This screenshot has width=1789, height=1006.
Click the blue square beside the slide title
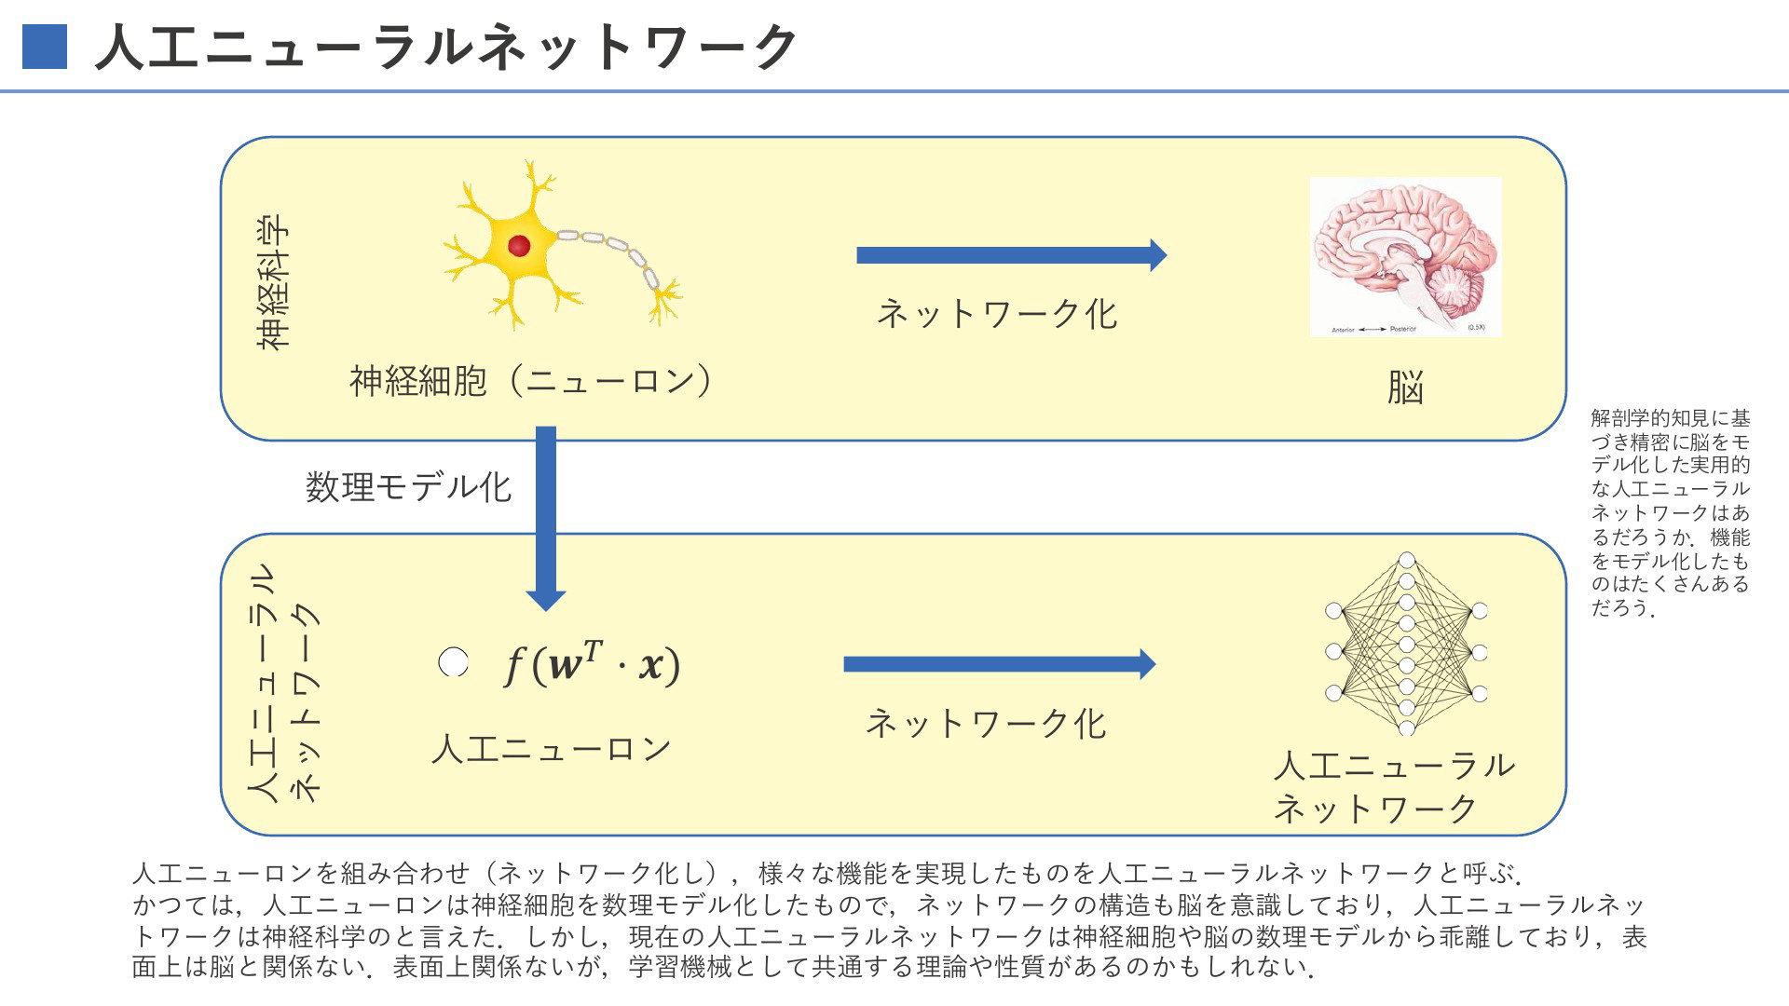coord(45,47)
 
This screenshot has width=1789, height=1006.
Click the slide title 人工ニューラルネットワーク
coord(445,47)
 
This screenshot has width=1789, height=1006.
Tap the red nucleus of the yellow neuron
coord(519,246)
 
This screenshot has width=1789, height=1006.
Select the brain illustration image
coord(1405,257)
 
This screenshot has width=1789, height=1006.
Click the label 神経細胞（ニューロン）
coord(532,381)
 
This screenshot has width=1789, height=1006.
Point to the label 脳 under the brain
coord(1405,387)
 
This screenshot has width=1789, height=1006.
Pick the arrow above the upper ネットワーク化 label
coord(1012,255)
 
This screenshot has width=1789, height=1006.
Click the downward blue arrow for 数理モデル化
coord(546,518)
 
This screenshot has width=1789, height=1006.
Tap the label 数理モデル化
coord(409,487)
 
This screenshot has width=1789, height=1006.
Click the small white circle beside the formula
coord(453,662)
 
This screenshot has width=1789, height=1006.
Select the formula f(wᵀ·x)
coord(592,664)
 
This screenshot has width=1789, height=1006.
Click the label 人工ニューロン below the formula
coord(551,749)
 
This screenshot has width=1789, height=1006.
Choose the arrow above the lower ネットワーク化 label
coord(1000,664)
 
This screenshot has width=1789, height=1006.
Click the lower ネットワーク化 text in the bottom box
coord(986,724)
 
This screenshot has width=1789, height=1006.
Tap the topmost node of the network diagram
coord(1407,560)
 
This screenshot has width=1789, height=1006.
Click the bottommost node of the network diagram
coord(1407,728)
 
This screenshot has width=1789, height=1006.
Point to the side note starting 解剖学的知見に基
coord(1670,513)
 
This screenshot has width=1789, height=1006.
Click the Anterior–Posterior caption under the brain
coord(1373,330)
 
